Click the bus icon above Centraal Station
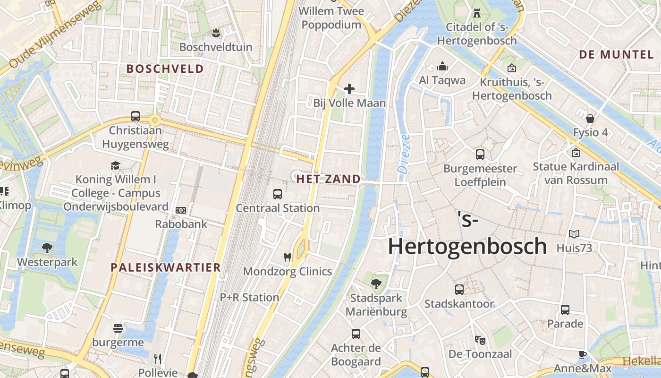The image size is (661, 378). (x=278, y=194)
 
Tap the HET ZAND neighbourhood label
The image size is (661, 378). (x=329, y=179)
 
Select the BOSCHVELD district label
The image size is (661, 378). (x=165, y=69)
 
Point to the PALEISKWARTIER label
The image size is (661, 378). (x=166, y=267)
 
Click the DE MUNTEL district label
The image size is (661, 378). (x=616, y=54)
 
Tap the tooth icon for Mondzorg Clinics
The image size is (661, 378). (x=287, y=258)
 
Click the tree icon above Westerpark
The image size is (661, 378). (x=47, y=248)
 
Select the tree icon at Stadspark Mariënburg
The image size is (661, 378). (x=376, y=284)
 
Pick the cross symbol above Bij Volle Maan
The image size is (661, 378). (x=349, y=89)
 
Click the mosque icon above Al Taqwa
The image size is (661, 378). (x=442, y=66)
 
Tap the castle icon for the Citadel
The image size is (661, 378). (x=477, y=13)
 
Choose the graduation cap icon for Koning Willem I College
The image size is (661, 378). (x=115, y=165)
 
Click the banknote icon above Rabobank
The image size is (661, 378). (x=181, y=210)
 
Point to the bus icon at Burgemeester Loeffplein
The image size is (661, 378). (x=480, y=154)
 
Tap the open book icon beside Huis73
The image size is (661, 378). (x=574, y=234)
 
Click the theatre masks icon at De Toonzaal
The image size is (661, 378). (x=480, y=340)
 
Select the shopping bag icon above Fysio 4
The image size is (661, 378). (x=590, y=118)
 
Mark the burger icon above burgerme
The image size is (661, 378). (x=118, y=328)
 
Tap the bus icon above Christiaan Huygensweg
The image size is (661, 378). (x=136, y=116)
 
